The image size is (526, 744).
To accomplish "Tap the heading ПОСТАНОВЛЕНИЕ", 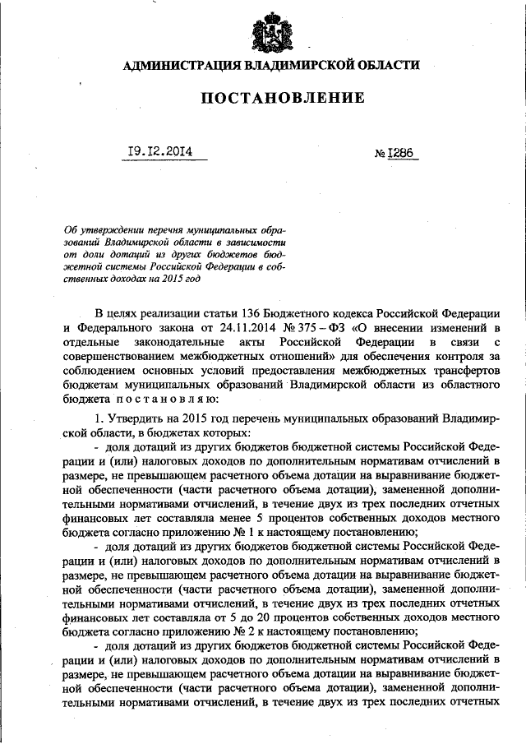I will point(283,99).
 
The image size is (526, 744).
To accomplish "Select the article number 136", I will point(254,314).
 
